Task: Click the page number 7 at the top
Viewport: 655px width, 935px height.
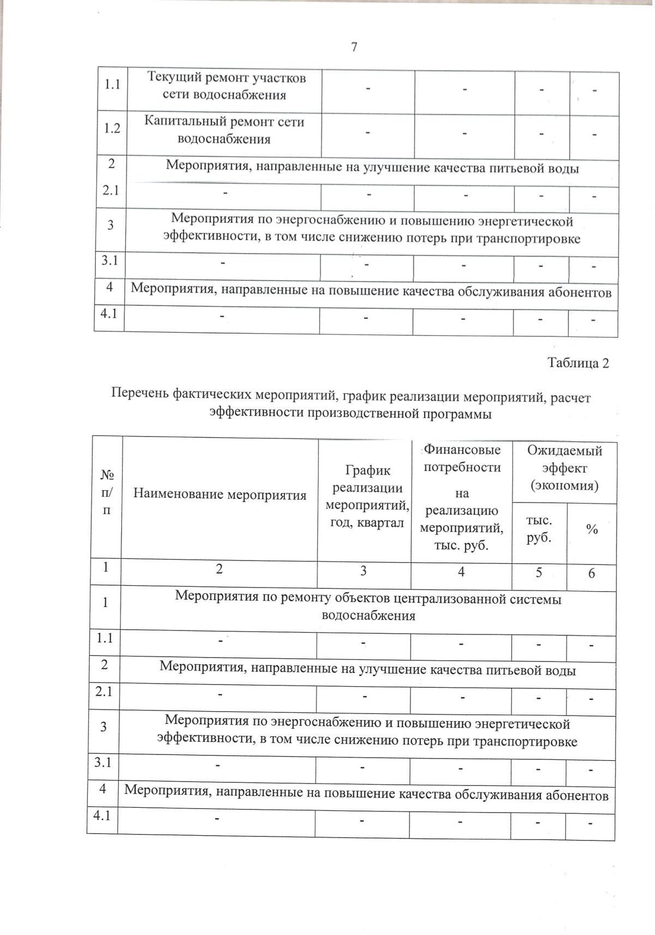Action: (354, 47)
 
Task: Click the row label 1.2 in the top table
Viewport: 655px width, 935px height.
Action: (112, 128)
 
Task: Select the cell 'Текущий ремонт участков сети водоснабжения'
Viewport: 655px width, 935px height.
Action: (226, 86)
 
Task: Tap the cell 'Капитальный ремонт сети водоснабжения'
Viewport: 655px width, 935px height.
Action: (224, 130)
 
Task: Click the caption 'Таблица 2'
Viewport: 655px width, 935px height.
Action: (577, 363)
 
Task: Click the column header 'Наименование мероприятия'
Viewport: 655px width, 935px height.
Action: (220, 495)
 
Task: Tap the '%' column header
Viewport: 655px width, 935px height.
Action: (592, 529)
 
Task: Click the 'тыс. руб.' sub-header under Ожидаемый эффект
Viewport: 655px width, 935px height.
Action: (539, 529)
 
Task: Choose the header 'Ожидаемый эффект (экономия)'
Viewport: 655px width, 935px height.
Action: (564, 468)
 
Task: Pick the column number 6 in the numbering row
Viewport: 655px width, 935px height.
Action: (592, 573)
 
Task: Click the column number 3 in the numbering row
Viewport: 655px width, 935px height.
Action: (364, 571)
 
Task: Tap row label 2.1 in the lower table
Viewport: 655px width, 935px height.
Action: (104, 691)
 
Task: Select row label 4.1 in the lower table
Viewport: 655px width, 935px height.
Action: (102, 815)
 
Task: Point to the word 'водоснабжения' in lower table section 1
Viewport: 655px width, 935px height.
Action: (368, 616)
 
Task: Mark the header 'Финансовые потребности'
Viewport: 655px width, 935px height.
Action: (462, 458)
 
